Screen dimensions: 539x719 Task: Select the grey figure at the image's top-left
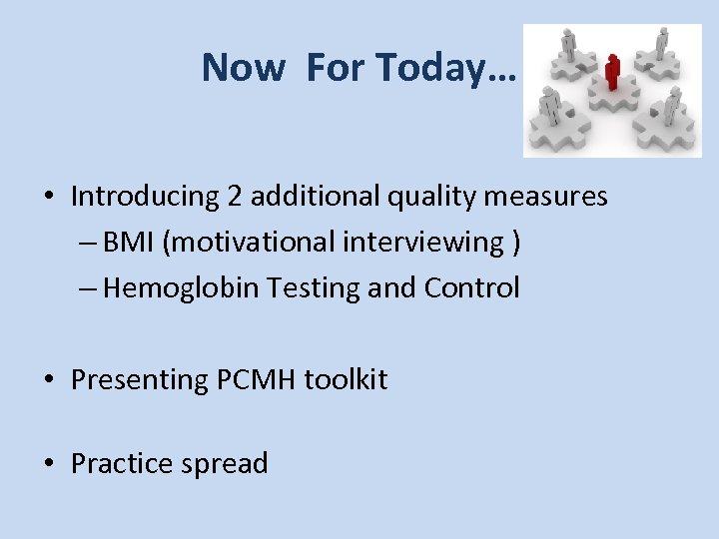(568, 44)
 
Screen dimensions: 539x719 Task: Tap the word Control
(471, 288)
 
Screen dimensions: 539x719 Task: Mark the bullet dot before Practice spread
(49, 464)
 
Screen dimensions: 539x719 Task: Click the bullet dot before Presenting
(49, 380)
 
